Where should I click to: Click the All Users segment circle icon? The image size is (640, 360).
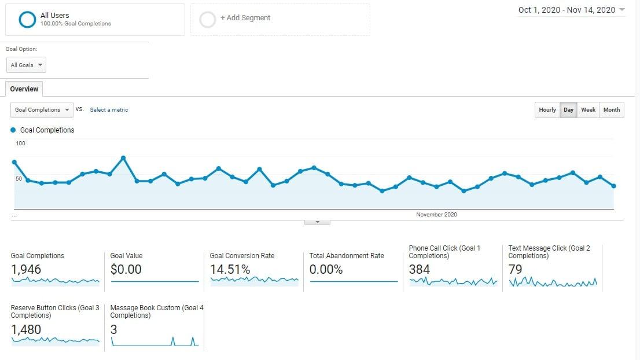(x=27, y=19)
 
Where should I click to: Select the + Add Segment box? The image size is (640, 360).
(x=280, y=19)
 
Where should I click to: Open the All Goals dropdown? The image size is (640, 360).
(x=26, y=65)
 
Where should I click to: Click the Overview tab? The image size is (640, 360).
(x=24, y=89)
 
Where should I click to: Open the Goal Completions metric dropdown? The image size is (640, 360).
(x=42, y=110)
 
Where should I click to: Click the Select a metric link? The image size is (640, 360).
(x=109, y=110)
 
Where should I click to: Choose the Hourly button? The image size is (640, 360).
(x=547, y=110)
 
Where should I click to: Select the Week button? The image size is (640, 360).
(x=588, y=110)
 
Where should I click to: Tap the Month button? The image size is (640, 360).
(x=611, y=110)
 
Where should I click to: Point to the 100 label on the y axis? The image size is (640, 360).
(x=21, y=144)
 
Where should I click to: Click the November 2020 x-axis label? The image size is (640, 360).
(x=436, y=215)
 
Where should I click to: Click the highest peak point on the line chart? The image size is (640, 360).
(x=123, y=157)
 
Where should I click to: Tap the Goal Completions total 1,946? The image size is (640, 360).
(x=26, y=270)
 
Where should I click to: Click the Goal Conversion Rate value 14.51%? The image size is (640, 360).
(x=230, y=270)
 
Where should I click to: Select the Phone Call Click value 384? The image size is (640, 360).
(x=420, y=270)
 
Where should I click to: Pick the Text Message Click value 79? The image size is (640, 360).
(x=515, y=270)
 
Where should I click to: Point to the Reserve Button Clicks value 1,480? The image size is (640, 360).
(x=26, y=330)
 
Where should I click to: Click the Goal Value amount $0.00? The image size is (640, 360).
(x=126, y=270)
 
